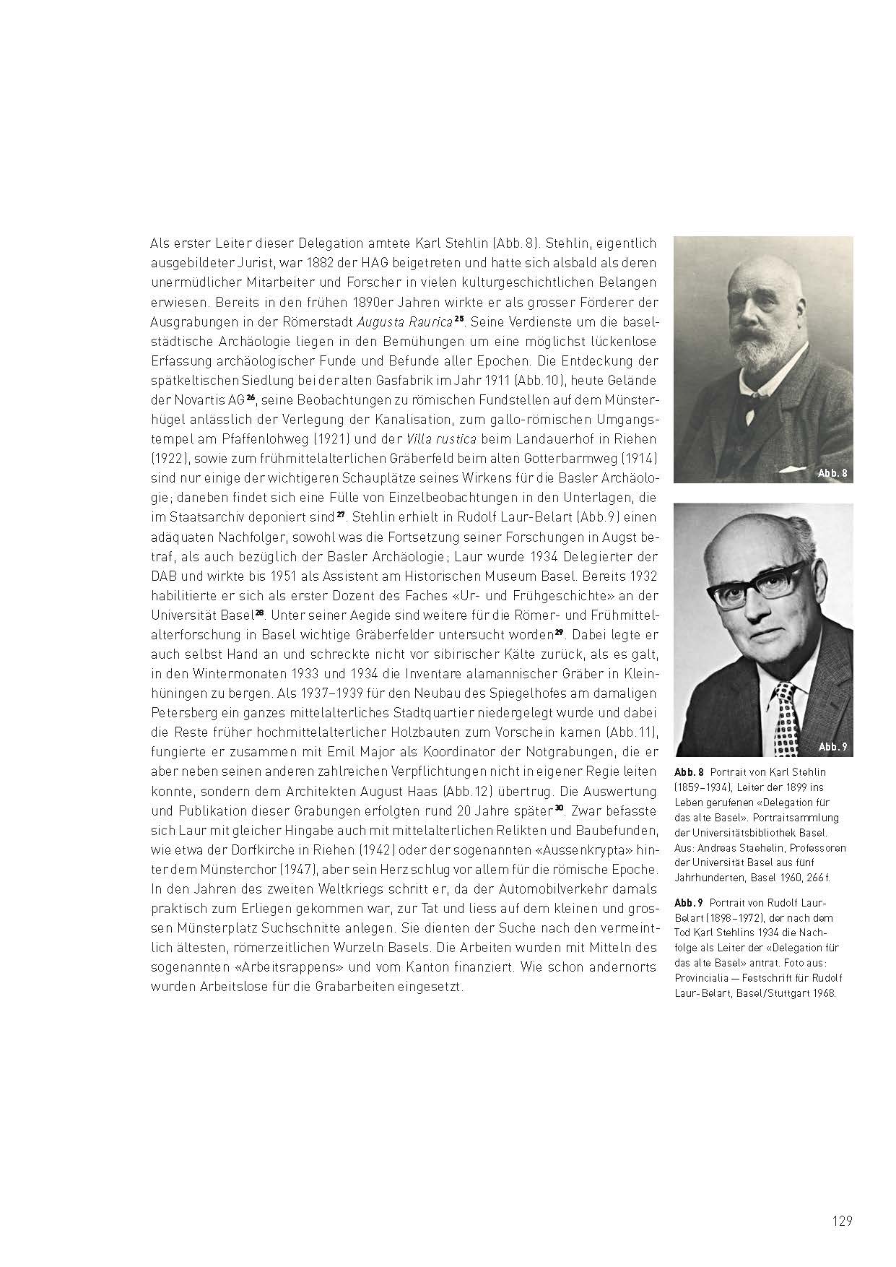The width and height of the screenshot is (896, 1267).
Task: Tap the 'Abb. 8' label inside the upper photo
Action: (832, 473)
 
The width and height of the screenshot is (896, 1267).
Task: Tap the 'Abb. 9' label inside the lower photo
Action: (832, 747)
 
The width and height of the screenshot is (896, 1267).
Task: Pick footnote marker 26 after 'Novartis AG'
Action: (251, 397)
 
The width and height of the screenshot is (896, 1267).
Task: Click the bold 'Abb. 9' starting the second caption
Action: (688, 903)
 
